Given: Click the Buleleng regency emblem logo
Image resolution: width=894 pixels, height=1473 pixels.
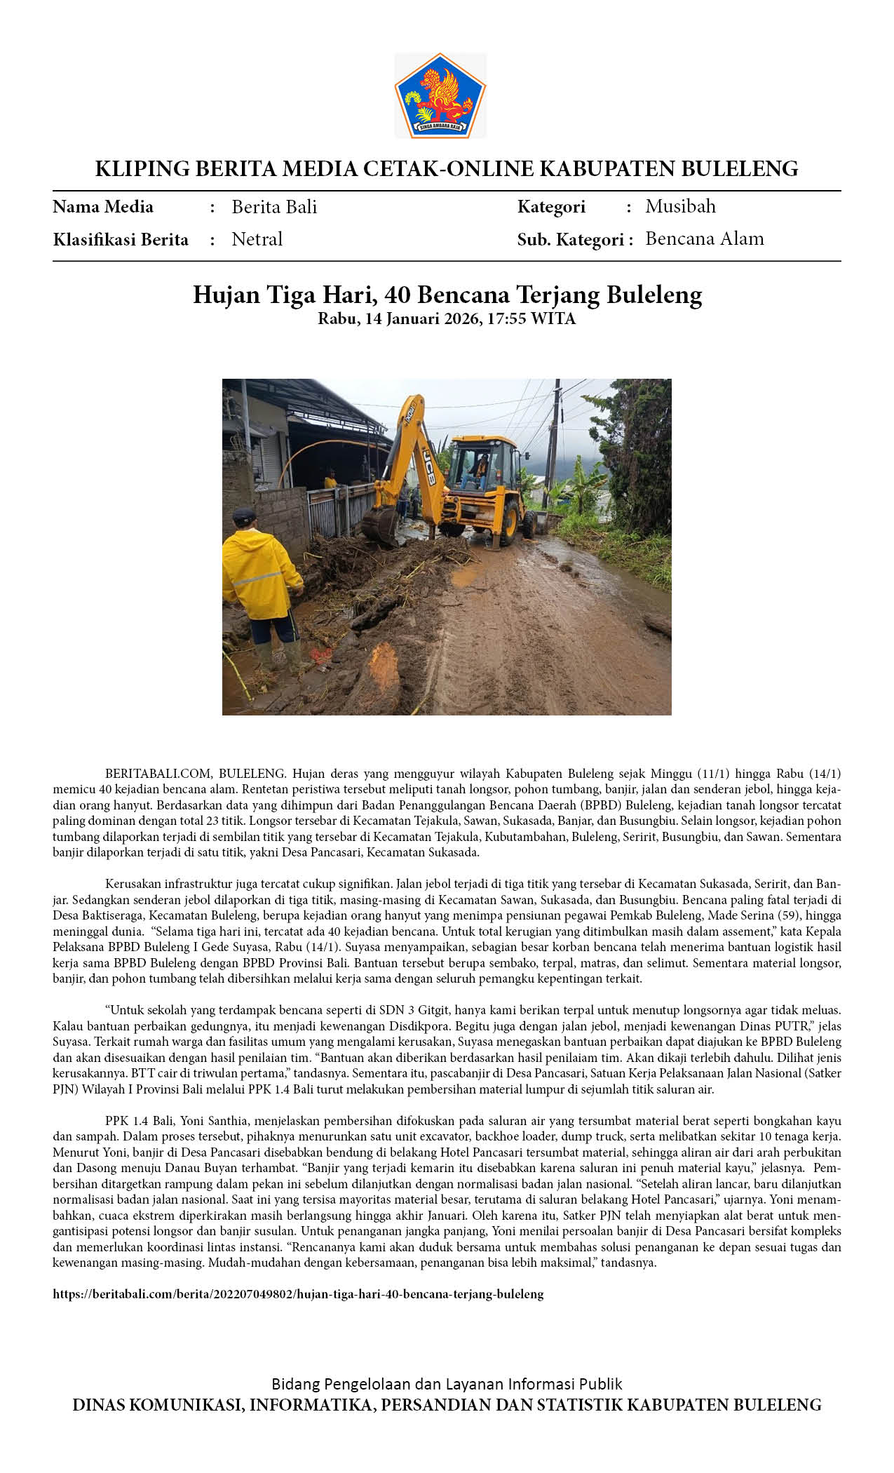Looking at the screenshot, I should [440, 95].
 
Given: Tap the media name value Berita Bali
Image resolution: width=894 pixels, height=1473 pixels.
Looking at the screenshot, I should [274, 207].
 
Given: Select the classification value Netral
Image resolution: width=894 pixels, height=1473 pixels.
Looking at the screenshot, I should [257, 239].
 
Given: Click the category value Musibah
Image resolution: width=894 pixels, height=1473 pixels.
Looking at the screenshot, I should [680, 206].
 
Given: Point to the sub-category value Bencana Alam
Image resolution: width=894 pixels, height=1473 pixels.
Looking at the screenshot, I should [704, 238].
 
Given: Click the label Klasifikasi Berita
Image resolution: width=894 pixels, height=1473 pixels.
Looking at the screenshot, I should [121, 240].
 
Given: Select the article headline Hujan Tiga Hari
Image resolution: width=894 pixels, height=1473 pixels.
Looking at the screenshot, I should [447, 295].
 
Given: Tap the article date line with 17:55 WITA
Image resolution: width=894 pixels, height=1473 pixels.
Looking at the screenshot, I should [447, 319].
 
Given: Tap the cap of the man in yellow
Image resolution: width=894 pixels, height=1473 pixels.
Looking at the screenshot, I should [244, 517].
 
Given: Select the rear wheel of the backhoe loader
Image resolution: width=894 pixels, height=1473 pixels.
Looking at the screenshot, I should [510, 523].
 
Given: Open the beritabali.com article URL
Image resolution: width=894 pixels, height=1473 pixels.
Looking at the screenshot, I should [298, 1294].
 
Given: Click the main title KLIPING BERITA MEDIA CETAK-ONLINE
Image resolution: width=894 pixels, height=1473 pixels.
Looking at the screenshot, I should [447, 169].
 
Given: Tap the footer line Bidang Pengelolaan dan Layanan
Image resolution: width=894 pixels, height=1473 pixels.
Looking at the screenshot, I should [447, 1384].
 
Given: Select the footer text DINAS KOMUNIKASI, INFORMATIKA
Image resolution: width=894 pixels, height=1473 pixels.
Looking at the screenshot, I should [447, 1405].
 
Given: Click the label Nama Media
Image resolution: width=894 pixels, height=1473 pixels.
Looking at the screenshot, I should [103, 207].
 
